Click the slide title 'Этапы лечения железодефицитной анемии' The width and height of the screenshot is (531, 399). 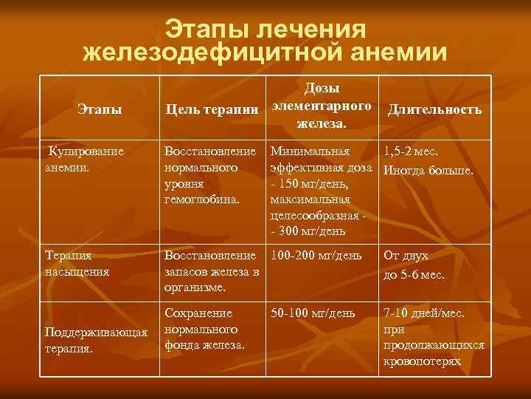click(x=265, y=41)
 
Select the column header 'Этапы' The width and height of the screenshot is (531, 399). click(x=100, y=110)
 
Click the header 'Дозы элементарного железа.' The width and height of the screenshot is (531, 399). click(x=322, y=106)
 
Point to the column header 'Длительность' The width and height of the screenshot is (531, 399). click(x=435, y=110)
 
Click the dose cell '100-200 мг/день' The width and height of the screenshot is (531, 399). click(x=316, y=256)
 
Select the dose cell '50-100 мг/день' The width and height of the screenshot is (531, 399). click(x=313, y=313)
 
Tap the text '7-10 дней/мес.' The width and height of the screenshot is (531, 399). click(x=423, y=313)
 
